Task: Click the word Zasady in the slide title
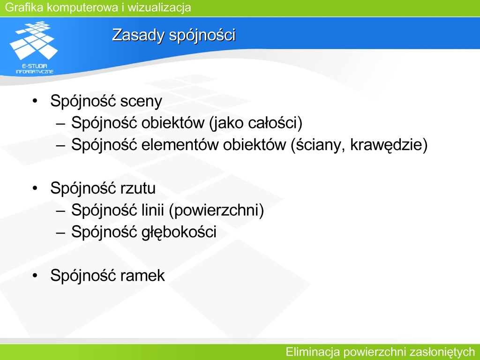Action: pyautogui.click(x=138, y=35)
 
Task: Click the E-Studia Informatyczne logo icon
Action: pyautogui.click(x=34, y=47)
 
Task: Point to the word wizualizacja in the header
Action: pyautogui.click(x=159, y=7)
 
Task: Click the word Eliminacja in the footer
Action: pyautogui.click(x=313, y=352)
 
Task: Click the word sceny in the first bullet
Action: pyautogui.click(x=141, y=102)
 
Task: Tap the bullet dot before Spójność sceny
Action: pyautogui.click(x=35, y=101)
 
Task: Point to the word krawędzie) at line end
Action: pyautogui.click(x=389, y=145)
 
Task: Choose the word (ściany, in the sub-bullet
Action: pyautogui.click(x=318, y=145)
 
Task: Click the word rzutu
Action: pyautogui.click(x=138, y=188)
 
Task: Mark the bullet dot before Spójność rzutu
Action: pyautogui.click(x=35, y=187)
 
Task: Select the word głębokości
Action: pyautogui.click(x=179, y=232)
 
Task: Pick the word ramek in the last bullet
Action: pyautogui.click(x=142, y=276)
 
